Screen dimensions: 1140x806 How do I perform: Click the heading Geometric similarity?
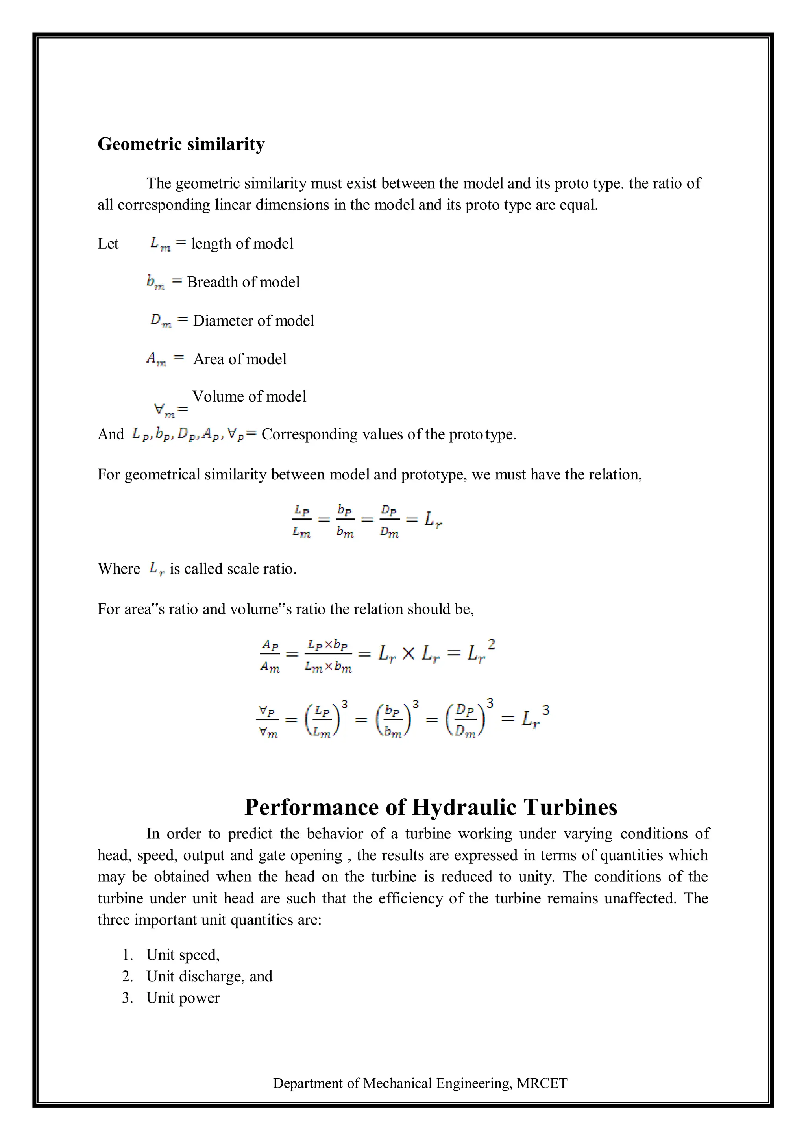click(x=181, y=144)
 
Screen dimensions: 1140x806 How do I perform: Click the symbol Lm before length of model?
click(x=160, y=243)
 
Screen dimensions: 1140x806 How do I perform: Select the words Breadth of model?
click(x=243, y=282)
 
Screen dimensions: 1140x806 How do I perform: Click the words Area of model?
click(x=240, y=359)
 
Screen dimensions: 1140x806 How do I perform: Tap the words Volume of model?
click(x=249, y=396)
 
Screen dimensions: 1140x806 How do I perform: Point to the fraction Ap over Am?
click(x=270, y=655)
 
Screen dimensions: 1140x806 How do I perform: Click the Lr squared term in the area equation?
click(x=481, y=652)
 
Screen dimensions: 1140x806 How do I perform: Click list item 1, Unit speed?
click(x=183, y=955)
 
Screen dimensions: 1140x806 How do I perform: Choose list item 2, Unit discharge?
click(x=209, y=976)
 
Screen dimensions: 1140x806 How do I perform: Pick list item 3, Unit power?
click(x=183, y=998)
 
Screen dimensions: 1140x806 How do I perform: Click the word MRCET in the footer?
click(x=542, y=1083)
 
